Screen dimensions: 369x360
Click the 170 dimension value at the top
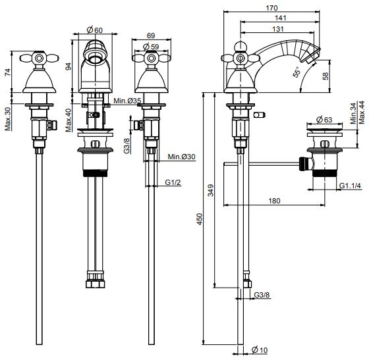(x=271, y=8)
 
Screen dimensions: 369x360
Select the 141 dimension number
(x=281, y=18)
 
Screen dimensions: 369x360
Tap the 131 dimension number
(x=278, y=29)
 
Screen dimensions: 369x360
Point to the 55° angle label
(x=297, y=72)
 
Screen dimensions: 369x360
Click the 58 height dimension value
(x=326, y=76)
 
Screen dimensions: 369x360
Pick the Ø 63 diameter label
(x=324, y=120)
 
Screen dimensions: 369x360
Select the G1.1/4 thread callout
(x=350, y=186)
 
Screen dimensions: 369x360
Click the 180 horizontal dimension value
(x=274, y=201)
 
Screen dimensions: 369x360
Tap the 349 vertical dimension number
(x=211, y=190)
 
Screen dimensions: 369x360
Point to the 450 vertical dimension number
(x=200, y=219)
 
